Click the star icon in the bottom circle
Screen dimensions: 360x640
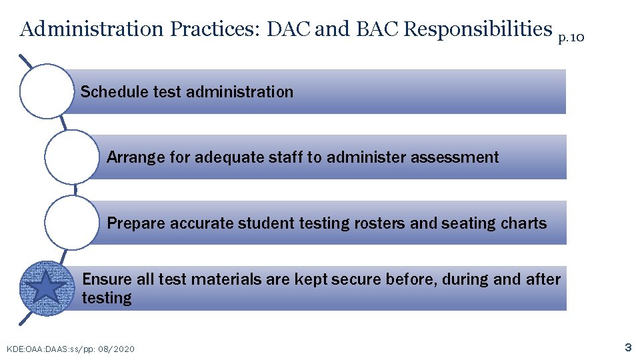[46, 289]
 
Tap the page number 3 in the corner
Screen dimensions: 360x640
[627, 347]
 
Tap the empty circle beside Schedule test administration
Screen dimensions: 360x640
[46, 91]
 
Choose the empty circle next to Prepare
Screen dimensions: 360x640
[71, 222]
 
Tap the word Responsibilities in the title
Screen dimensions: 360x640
[478, 29]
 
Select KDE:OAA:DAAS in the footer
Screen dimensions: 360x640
[34, 349]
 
